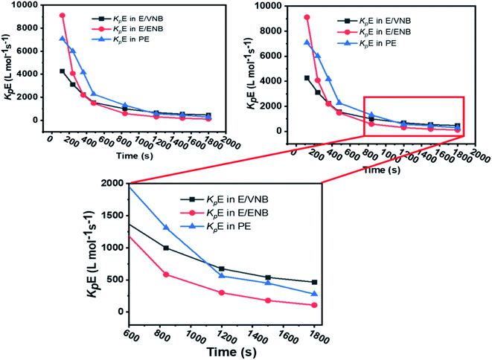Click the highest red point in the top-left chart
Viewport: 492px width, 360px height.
point(63,16)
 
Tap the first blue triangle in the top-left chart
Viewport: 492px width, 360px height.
point(63,39)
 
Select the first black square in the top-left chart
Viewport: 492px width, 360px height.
point(63,71)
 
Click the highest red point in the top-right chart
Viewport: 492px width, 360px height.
point(307,17)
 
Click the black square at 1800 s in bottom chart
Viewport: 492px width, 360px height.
point(314,283)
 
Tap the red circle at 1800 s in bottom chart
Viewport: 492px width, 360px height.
point(314,305)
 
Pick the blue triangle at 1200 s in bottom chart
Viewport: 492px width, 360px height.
point(222,276)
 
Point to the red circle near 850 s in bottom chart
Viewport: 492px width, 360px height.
point(166,274)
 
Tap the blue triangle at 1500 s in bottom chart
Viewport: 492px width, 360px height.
point(268,283)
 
